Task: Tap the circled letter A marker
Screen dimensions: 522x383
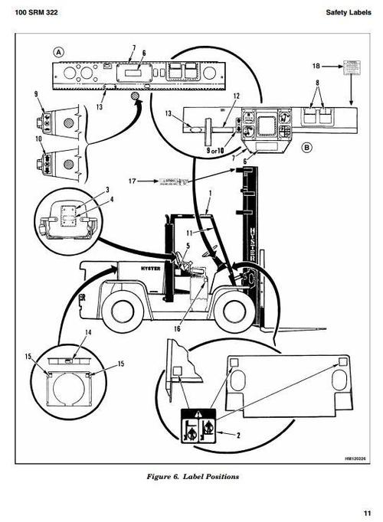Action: [59, 52]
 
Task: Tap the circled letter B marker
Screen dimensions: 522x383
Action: [306, 146]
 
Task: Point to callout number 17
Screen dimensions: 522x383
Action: [133, 181]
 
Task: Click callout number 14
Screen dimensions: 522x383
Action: [87, 334]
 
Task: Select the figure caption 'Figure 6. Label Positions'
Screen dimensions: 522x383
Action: [192, 477]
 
